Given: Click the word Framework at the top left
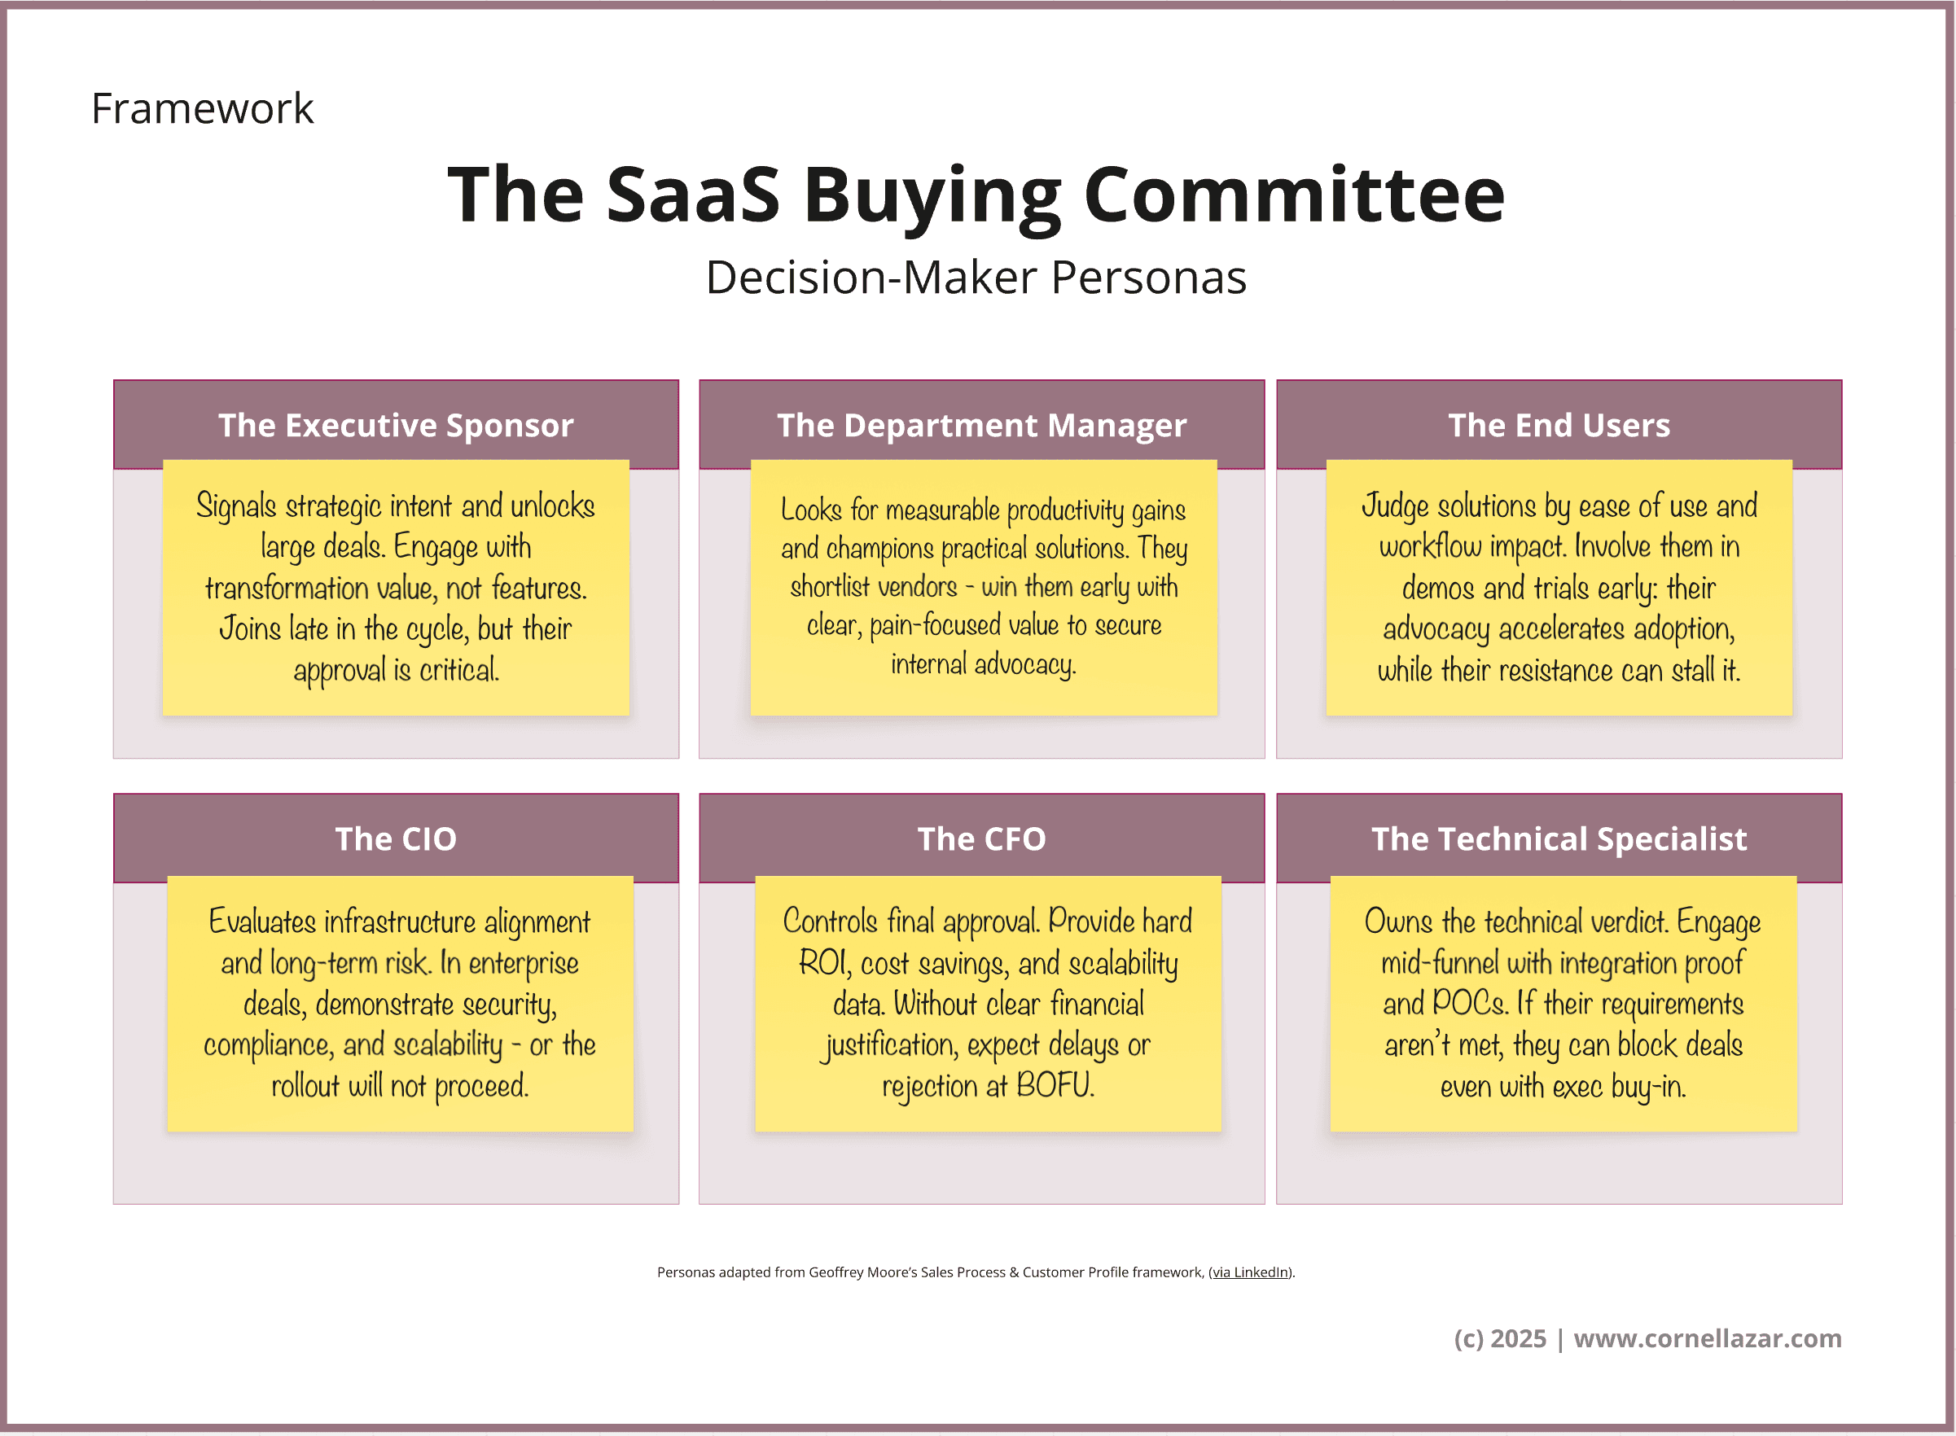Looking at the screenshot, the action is [x=202, y=108].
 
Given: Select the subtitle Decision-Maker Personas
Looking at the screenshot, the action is [x=976, y=278].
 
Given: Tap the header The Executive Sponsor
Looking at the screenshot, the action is [x=397, y=425].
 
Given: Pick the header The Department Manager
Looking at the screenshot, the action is [x=981, y=426].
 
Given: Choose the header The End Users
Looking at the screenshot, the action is [x=1559, y=425].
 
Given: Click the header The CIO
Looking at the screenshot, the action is [x=397, y=838].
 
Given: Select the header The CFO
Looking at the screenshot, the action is [x=981, y=838].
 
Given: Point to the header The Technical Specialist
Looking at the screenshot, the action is [x=1559, y=839].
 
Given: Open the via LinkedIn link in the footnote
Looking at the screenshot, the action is [x=1250, y=1272].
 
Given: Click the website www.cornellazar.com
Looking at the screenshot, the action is [x=1708, y=1337].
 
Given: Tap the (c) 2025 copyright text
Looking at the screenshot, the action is [x=1500, y=1338].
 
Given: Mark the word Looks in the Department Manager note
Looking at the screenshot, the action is [x=811, y=510].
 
